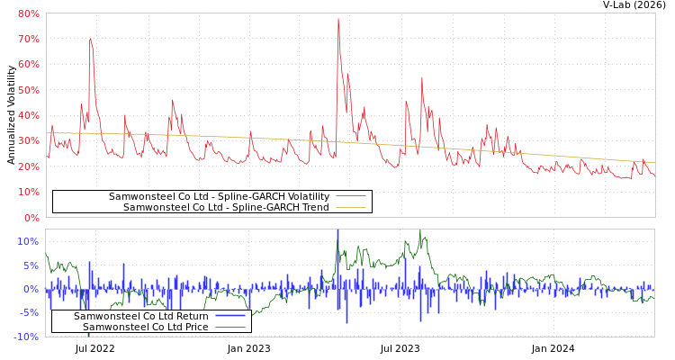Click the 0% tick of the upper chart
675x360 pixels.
coord(31,218)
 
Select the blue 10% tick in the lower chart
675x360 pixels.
coord(28,241)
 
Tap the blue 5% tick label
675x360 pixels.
coord(31,265)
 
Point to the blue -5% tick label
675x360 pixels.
coord(28,313)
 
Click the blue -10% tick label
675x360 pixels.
coord(25,337)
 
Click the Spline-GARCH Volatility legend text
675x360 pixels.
coord(219,196)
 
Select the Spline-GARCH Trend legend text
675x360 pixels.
coord(226,207)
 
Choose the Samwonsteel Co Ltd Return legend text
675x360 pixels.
coord(140,316)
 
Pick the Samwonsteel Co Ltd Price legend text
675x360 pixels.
coord(145,327)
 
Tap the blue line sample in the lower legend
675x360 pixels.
coord(230,316)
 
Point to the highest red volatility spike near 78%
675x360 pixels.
coord(338,20)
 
